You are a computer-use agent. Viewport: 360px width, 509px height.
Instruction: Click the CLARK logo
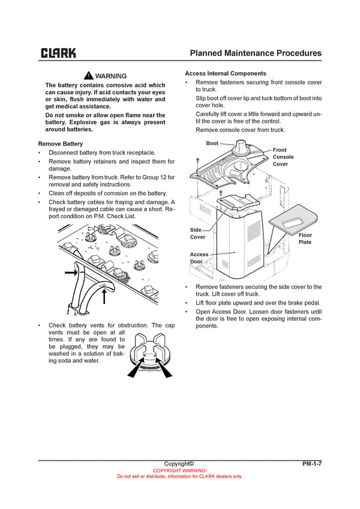click(x=58, y=53)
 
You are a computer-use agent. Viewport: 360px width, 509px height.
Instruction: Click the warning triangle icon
click(x=88, y=76)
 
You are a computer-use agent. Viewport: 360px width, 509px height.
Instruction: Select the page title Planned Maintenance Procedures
click(x=255, y=53)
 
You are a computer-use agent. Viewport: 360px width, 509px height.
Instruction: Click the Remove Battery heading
click(x=61, y=144)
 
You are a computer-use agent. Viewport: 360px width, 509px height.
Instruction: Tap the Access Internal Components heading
click(x=225, y=73)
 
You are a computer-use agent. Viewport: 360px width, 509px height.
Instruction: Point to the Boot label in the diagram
click(x=212, y=144)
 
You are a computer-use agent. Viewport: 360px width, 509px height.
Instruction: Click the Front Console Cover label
click(x=283, y=157)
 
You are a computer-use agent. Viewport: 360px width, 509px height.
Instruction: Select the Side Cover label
click(x=196, y=233)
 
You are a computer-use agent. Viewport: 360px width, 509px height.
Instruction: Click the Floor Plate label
click(x=305, y=239)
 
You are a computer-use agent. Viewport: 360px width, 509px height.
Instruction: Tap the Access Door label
click(x=199, y=258)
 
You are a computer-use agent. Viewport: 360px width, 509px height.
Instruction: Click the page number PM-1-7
click(x=311, y=463)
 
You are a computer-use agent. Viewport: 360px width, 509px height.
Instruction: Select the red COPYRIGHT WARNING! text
click(x=179, y=471)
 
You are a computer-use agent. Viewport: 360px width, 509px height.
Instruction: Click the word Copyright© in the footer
click(x=179, y=463)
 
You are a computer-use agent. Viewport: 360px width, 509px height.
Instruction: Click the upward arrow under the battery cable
click(x=105, y=294)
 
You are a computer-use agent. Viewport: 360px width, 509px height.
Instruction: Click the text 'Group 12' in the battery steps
click(x=155, y=177)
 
